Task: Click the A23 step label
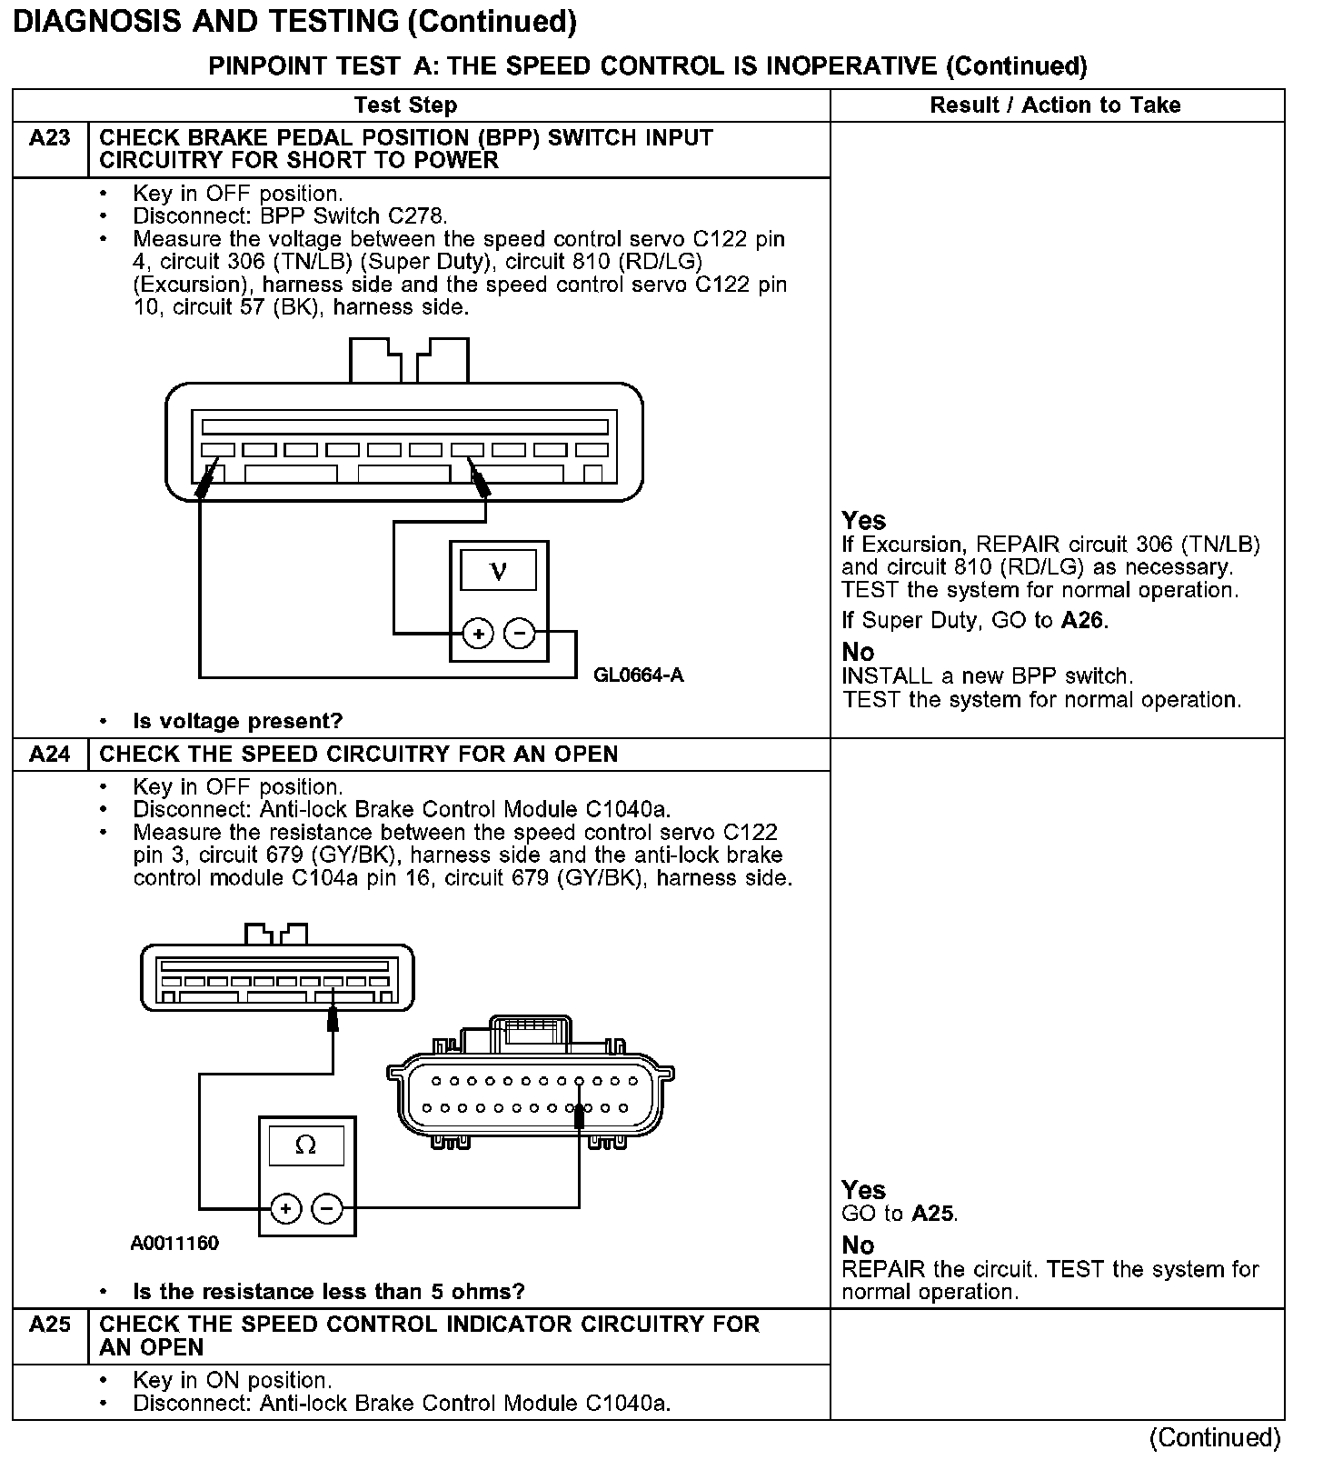(x=50, y=138)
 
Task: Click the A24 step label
(x=50, y=755)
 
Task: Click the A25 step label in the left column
(x=50, y=1325)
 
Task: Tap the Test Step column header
(x=405, y=105)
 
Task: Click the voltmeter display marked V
(x=498, y=571)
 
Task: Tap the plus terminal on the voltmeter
(x=478, y=634)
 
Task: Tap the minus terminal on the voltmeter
(x=520, y=634)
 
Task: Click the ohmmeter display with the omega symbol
(x=306, y=1145)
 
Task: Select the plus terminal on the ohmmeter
(x=285, y=1209)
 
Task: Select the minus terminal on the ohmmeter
(x=327, y=1209)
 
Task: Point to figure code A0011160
(x=174, y=1243)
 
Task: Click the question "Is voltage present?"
(x=238, y=722)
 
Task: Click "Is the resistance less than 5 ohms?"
(x=329, y=1292)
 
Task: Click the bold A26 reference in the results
(x=1083, y=621)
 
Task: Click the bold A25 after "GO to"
(x=933, y=1214)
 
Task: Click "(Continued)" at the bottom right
(x=1215, y=1438)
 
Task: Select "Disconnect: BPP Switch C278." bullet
(x=290, y=216)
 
